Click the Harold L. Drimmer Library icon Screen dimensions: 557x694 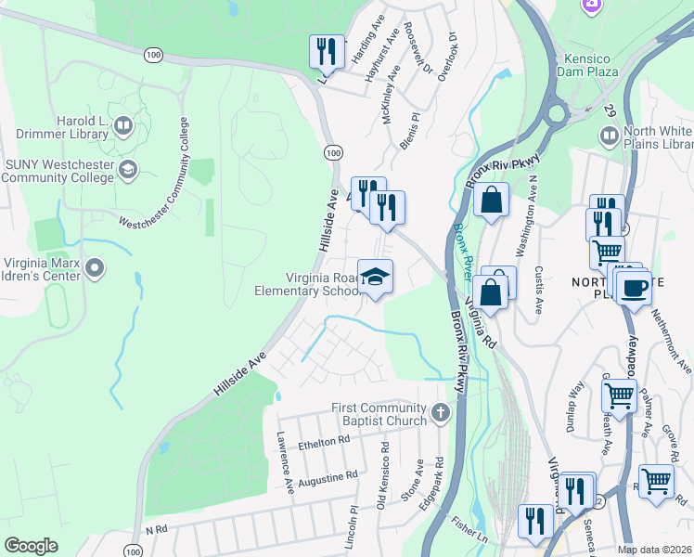[122, 124]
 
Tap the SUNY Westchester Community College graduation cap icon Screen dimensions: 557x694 [127, 168]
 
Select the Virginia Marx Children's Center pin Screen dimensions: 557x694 [94, 269]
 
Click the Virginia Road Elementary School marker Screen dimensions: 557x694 [375, 277]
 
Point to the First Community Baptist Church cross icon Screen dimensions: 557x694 [440, 412]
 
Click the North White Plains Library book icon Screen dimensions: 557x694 [610, 137]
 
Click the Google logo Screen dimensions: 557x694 [31, 546]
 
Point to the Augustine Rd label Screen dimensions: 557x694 [327, 477]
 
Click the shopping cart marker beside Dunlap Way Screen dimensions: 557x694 [619, 395]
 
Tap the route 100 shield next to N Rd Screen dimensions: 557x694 [135, 551]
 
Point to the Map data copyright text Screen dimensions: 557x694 [655, 550]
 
